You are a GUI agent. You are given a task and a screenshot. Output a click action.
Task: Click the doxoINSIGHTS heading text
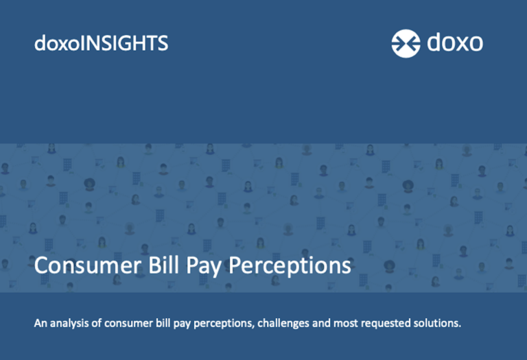click(x=101, y=43)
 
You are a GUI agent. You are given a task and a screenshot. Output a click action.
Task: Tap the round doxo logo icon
click(x=406, y=43)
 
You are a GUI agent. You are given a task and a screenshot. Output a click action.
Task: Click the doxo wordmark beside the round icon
click(x=455, y=43)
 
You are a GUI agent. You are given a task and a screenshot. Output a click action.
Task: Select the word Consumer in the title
click(x=88, y=265)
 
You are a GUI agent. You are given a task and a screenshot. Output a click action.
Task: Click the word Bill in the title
click(x=163, y=265)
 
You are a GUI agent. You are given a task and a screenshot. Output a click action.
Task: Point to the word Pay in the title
click(x=204, y=267)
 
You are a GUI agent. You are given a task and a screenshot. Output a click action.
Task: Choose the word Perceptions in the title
click(x=290, y=267)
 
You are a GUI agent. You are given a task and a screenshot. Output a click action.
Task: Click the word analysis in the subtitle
click(x=70, y=323)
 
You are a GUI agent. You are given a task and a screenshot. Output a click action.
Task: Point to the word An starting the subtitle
click(x=40, y=323)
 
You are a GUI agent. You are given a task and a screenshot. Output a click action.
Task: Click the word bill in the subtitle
click(x=163, y=323)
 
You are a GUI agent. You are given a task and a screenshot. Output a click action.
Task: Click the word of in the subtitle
click(x=97, y=323)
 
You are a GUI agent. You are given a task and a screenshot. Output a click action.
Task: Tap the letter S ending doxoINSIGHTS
click(x=164, y=43)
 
